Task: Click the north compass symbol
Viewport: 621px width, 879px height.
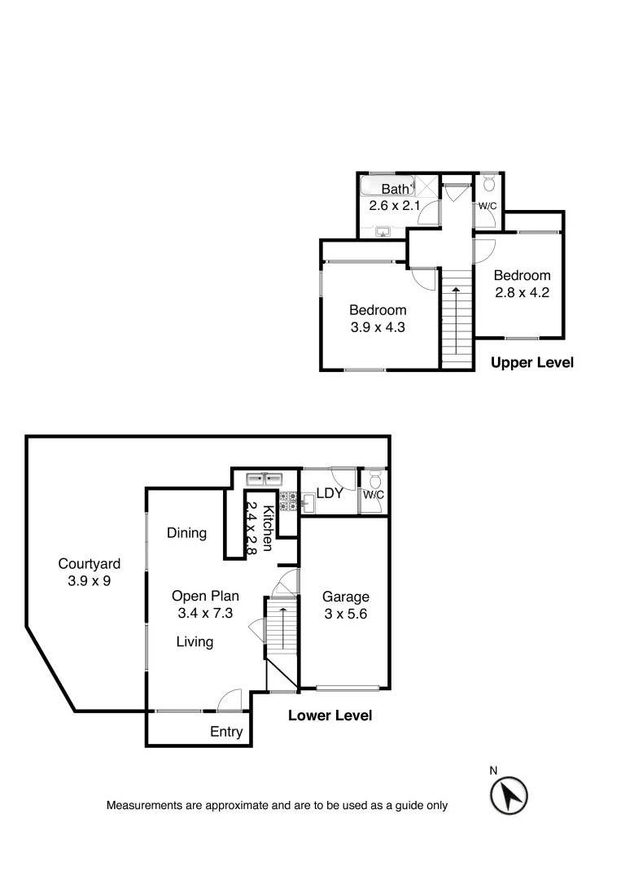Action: [509, 794]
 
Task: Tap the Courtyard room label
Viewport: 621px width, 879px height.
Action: [90, 563]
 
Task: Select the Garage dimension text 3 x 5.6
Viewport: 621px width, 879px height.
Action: [345, 614]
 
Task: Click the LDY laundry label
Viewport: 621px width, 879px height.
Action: [329, 494]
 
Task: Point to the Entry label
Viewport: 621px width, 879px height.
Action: [226, 732]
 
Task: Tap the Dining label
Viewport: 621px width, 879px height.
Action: [186, 533]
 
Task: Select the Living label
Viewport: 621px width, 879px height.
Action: [195, 642]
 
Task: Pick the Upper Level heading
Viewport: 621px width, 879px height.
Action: [532, 363]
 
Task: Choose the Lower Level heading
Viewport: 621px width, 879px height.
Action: [330, 716]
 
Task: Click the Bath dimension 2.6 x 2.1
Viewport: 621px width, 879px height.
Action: [395, 206]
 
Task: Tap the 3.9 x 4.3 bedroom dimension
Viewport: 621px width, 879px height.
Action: [378, 328]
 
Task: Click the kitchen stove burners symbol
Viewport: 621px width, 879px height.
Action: [287, 501]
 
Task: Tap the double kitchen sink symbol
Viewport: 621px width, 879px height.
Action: [265, 478]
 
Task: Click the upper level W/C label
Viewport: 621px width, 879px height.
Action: [488, 206]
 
